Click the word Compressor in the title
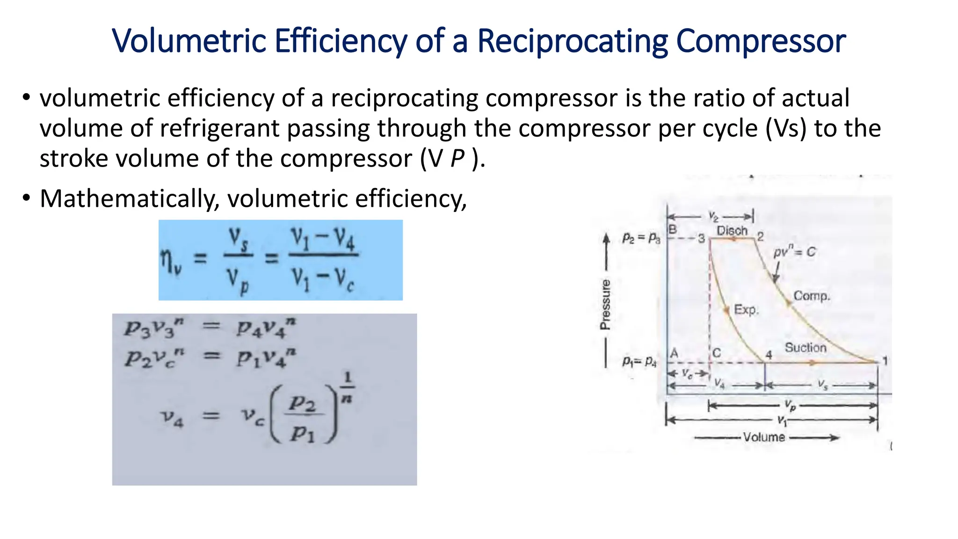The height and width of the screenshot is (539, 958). click(761, 41)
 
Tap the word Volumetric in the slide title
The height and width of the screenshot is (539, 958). click(189, 41)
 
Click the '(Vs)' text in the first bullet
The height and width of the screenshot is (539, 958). click(786, 128)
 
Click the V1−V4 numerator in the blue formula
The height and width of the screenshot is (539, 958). click(323, 239)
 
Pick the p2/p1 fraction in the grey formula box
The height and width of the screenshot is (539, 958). click(303, 418)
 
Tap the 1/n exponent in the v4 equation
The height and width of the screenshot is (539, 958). click(347, 386)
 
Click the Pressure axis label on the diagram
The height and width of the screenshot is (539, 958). click(605, 305)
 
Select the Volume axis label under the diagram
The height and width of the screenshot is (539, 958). click(764, 437)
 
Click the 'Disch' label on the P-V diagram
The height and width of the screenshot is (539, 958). click(732, 231)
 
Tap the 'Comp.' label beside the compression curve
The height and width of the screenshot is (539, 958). click(812, 296)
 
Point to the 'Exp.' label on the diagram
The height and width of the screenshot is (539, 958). click(746, 310)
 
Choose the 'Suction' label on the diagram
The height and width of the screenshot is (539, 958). click(805, 348)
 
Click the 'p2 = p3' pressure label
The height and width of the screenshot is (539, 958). click(641, 238)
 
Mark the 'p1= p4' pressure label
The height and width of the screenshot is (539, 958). click(639, 361)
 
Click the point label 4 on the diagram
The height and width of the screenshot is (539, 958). click(769, 355)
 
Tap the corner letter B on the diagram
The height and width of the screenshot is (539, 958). click(673, 229)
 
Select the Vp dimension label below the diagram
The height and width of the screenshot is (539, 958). click(790, 405)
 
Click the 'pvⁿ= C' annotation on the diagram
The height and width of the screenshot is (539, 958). click(794, 252)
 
